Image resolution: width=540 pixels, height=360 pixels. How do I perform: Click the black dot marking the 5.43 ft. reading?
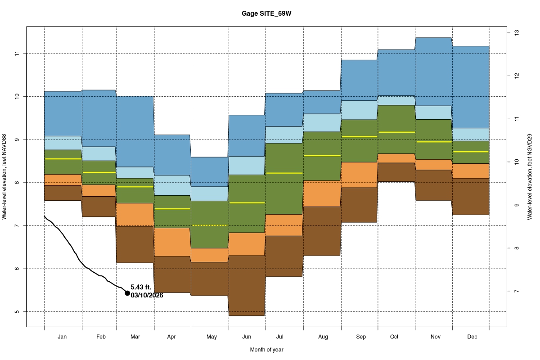(x=127, y=293)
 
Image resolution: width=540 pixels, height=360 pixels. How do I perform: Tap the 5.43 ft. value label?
(x=141, y=287)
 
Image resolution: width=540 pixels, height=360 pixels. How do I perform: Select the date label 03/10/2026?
(x=147, y=296)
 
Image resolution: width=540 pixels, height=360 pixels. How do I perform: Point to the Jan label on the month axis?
(x=63, y=337)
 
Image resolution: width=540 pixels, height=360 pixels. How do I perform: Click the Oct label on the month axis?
(x=394, y=337)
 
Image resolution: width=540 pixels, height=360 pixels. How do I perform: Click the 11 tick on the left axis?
(x=18, y=54)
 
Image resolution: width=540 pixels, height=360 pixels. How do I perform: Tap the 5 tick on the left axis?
(x=18, y=311)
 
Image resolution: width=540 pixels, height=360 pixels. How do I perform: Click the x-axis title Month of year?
(x=267, y=350)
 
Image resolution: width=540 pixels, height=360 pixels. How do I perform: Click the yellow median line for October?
(x=396, y=132)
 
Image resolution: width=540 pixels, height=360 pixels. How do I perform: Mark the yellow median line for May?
(x=210, y=225)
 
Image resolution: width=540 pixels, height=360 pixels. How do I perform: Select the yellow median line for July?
(x=283, y=173)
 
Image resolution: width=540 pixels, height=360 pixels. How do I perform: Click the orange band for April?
(x=172, y=242)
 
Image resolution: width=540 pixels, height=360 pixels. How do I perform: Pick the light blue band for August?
(x=322, y=123)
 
